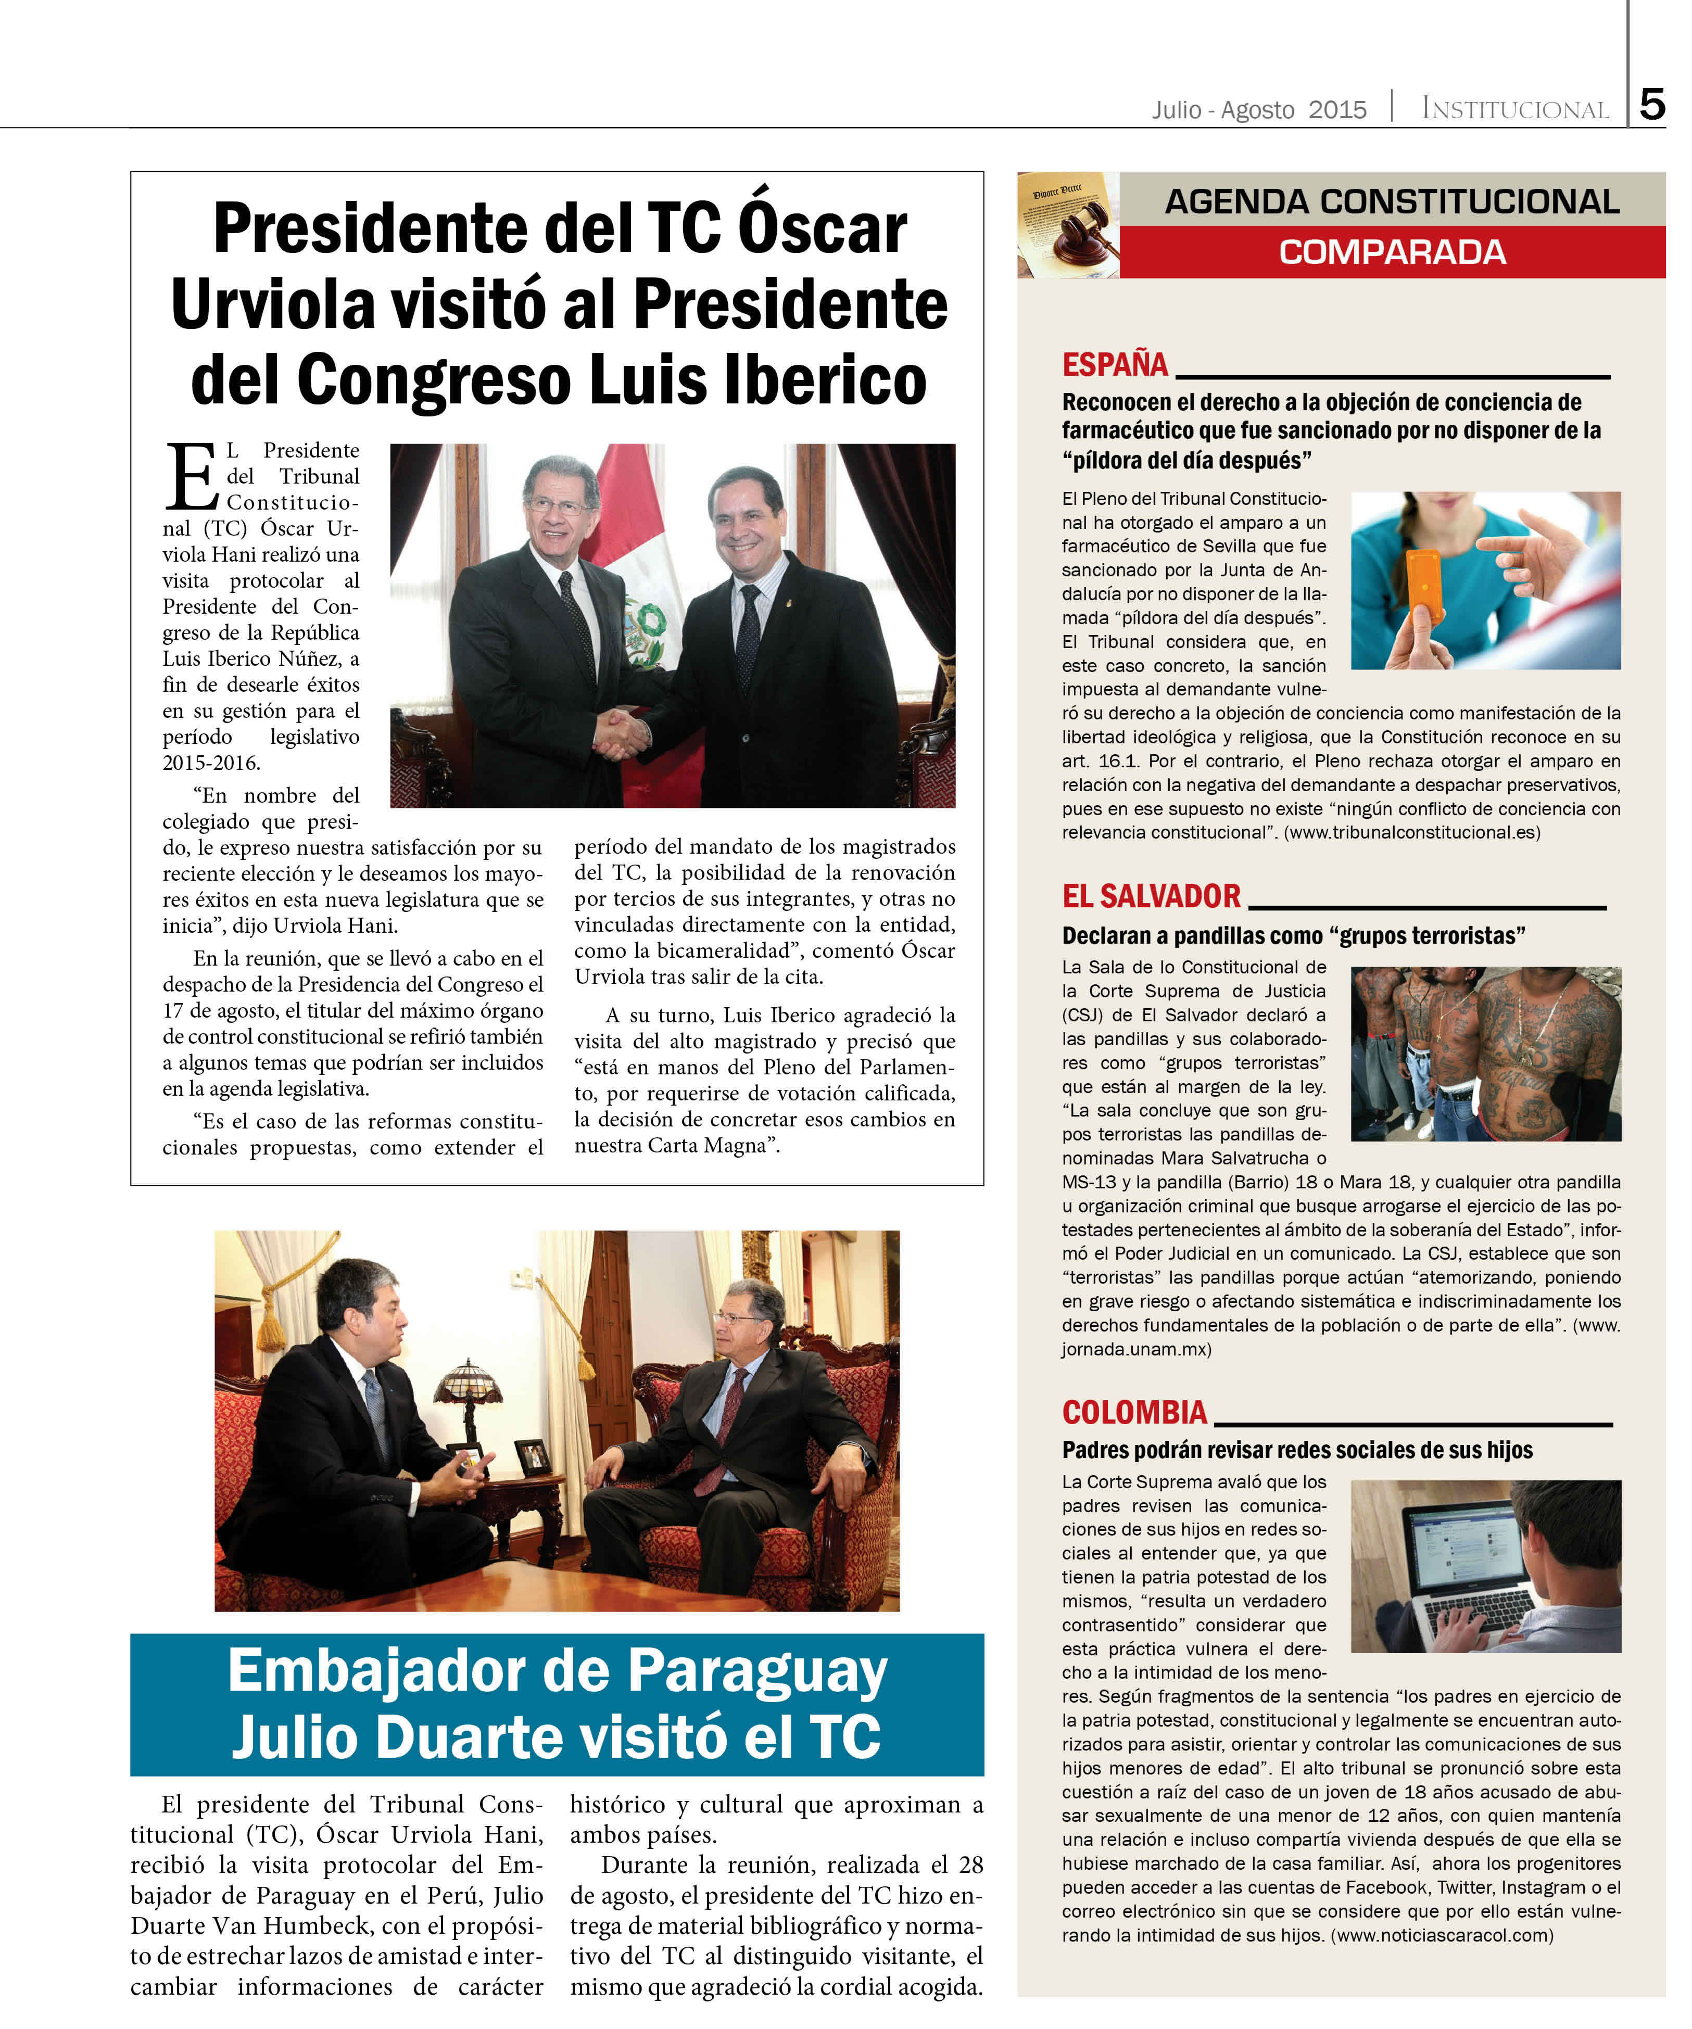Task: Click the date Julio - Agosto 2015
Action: pos(1258,109)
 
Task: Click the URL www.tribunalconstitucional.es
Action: pos(1411,832)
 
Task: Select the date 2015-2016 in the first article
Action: pos(211,763)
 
